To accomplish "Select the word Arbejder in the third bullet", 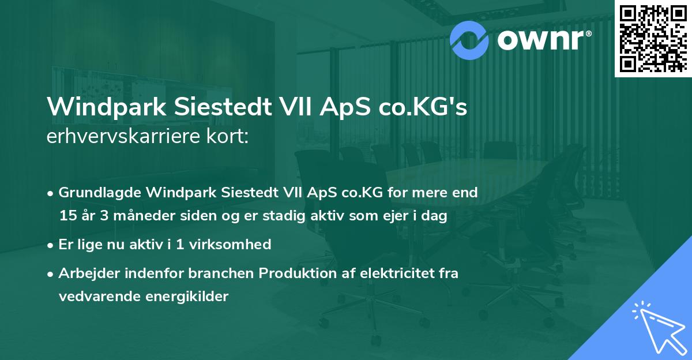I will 85,273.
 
